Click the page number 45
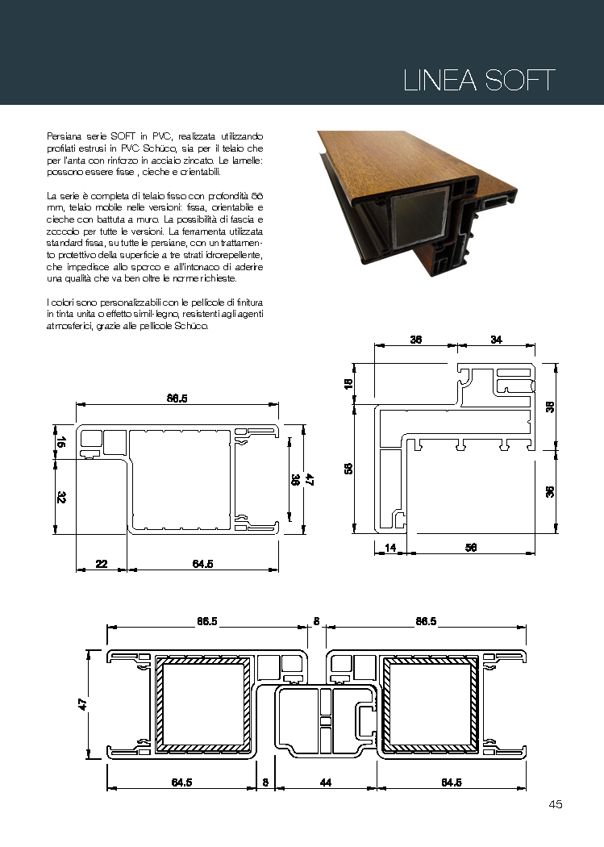(x=555, y=803)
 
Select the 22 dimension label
(x=102, y=564)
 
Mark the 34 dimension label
(x=496, y=340)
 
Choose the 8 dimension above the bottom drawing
(x=316, y=621)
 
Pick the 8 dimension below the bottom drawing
(x=265, y=782)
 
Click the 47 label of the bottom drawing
(x=82, y=704)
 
